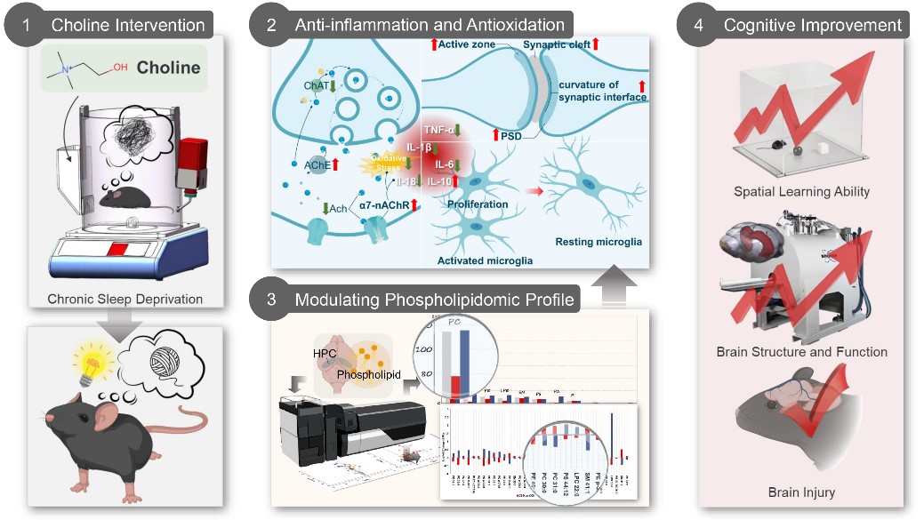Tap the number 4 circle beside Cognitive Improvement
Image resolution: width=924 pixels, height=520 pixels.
[x=698, y=25]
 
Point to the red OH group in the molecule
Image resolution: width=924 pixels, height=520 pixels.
[x=119, y=64]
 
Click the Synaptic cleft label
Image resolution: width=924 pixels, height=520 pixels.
[x=555, y=44]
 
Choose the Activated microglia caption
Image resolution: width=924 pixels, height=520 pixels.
[x=484, y=260]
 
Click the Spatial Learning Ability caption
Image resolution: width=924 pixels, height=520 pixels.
[x=801, y=191]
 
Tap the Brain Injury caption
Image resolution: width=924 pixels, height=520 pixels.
[x=801, y=492]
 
